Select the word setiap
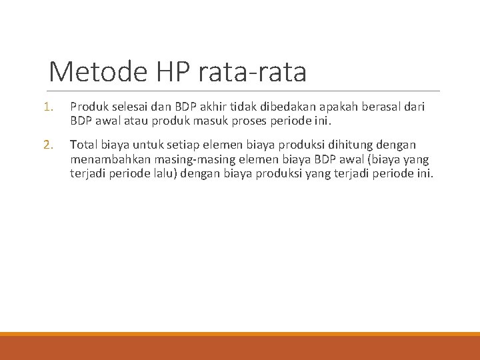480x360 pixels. pyautogui.click(x=175, y=144)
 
